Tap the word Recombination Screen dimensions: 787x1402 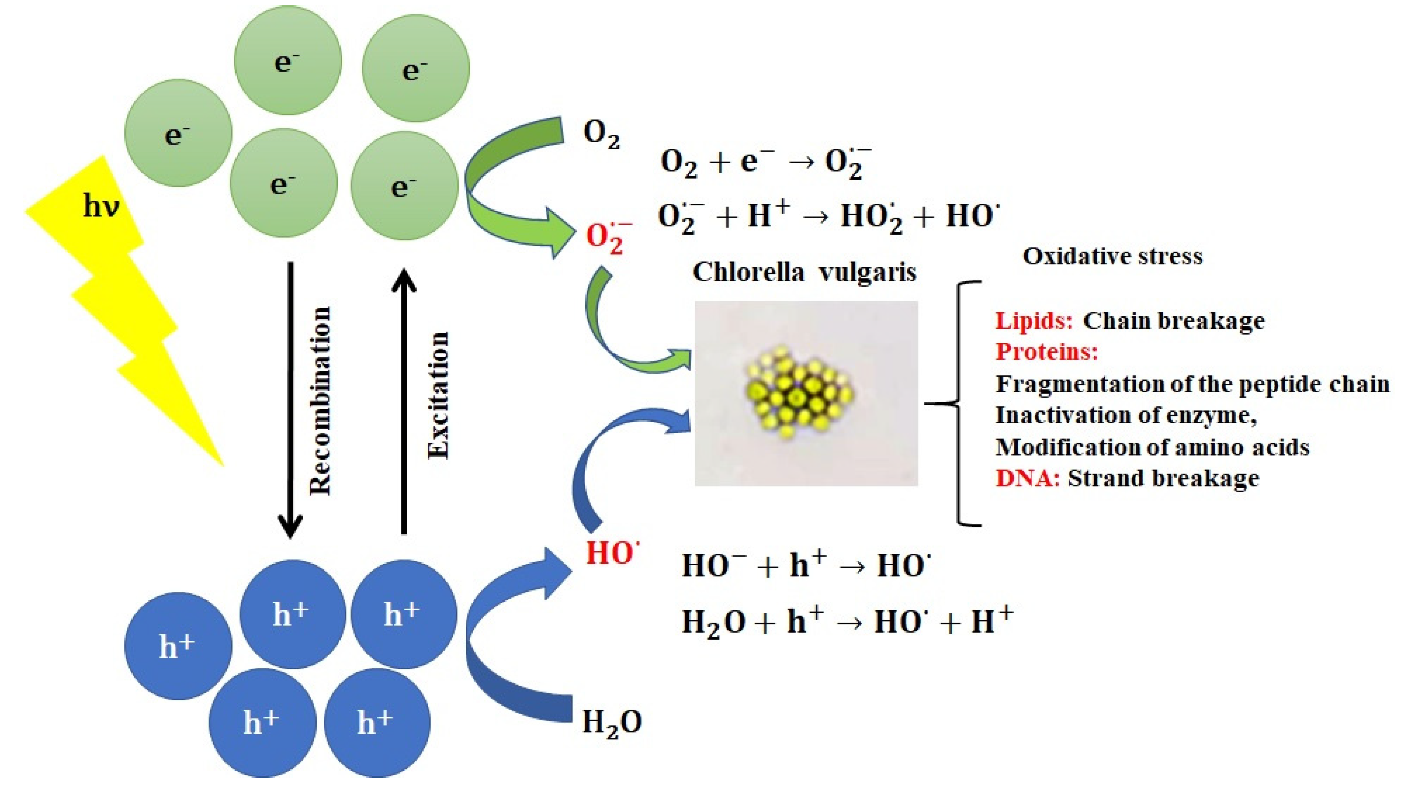[x=320, y=401]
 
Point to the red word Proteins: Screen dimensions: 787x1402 [x=1046, y=352]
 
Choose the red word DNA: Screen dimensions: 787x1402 [x=1027, y=479]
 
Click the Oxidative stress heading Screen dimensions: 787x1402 [x=1112, y=256]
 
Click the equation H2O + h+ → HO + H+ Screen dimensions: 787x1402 [x=847, y=622]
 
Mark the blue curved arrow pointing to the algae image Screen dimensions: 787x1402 [x=609, y=457]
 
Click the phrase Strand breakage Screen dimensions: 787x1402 [x=1163, y=479]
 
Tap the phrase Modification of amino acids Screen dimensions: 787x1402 [x=1152, y=447]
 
